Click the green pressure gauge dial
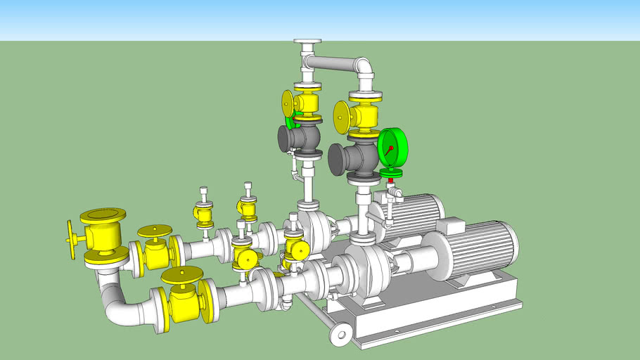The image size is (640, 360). (x=392, y=148)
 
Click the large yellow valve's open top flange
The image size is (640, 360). (x=103, y=214)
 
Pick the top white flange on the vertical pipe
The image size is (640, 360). (x=307, y=42)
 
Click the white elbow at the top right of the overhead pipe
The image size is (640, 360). (x=364, y=69)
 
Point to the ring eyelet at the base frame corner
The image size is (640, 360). (x=341, y=333)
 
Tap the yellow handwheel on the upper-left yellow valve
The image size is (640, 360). (x=288, y=103)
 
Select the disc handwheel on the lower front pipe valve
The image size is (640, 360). (x=181, y=275)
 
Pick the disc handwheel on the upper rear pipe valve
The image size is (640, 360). (x=155, y=231)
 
